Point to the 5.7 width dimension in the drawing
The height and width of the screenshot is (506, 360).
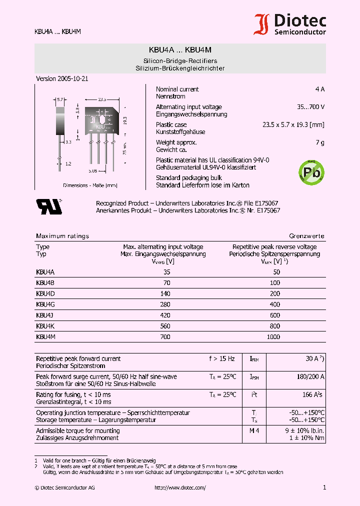(60, 100)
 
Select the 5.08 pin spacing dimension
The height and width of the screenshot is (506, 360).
(92, 171)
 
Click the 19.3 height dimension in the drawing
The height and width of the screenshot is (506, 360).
(125, 120)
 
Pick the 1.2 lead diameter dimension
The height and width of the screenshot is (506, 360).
(68, 163)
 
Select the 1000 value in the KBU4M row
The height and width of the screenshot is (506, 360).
(273, 337)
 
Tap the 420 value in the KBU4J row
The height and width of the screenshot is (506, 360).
(165, 315)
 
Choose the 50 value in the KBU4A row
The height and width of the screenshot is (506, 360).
(276, 272)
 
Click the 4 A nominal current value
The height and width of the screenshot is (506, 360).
(319, 89)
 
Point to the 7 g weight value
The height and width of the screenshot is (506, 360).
(320, 142)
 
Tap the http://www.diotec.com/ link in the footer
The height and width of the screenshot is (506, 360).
(180, 487)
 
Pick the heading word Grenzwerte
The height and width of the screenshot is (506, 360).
(306, 236)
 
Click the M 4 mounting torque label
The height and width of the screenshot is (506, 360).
(254, 430)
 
